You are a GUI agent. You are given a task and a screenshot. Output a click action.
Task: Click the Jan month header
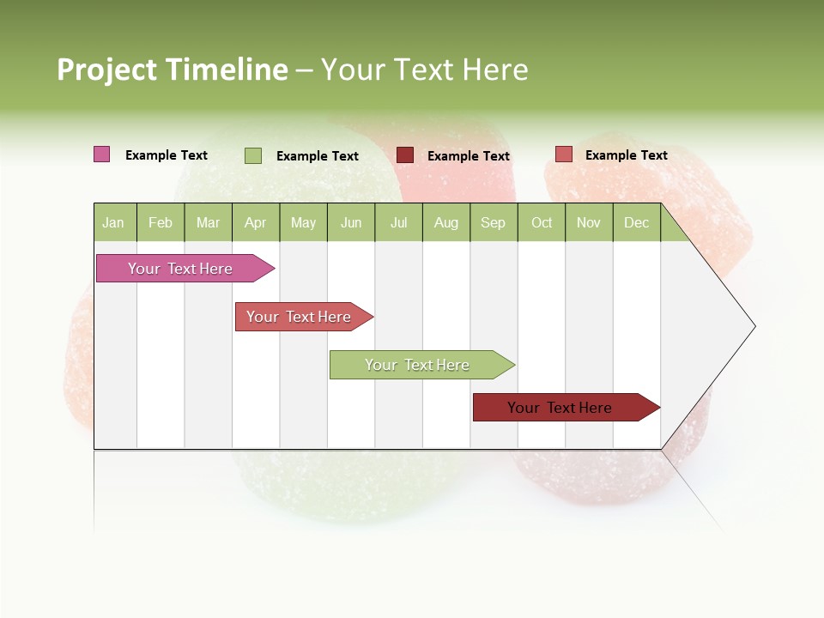[x=114, y=223]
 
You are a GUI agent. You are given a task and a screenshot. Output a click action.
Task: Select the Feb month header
[x=161, y=223]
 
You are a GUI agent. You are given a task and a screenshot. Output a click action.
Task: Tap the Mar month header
[x=208, y=223]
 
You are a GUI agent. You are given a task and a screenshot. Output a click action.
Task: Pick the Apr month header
[x=256, y=223]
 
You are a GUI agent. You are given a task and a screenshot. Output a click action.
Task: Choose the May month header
[x=303, y=223]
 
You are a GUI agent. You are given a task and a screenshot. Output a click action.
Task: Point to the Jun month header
[x=351, y=223]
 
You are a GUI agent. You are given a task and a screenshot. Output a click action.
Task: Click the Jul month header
[x=398, y=223]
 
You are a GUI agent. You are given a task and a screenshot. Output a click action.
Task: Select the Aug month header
[x=446, y=223]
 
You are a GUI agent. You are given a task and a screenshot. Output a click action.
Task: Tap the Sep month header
[x=494, y=223]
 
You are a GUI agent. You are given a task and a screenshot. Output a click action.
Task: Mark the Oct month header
[x=542, y=223]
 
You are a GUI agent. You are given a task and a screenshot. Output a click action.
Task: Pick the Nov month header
[x=589, y=223]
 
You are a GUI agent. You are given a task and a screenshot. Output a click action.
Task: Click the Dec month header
[x=637, y=223]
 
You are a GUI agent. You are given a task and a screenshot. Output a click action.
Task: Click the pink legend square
[x=102, y=154]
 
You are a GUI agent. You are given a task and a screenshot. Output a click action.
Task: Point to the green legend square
[x=253, y=155]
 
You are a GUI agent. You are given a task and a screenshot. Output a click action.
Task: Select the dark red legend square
[x=405, y=155]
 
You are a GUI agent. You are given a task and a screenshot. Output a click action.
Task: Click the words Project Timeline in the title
[x=172, y=70]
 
